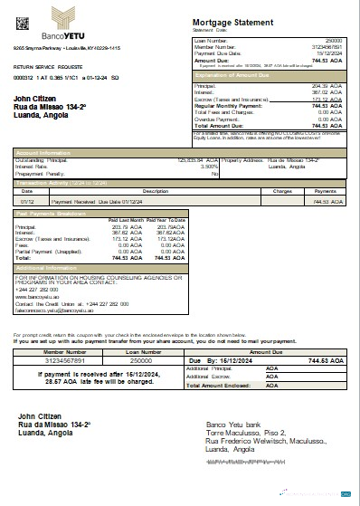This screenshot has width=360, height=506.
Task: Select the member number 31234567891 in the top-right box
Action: [x=327, y=47]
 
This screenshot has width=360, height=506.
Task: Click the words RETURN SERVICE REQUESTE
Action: [x=46, y=67]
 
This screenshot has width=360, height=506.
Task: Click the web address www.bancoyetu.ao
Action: [x=35, y=296]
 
